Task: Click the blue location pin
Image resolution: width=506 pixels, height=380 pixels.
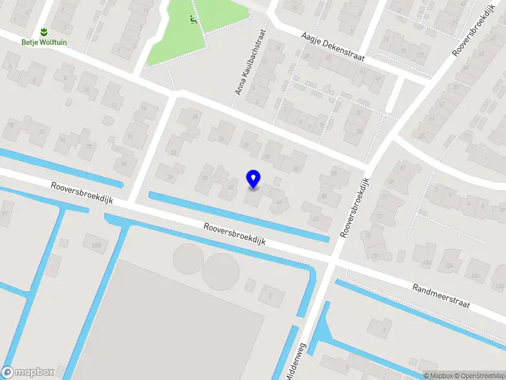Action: (253, 179)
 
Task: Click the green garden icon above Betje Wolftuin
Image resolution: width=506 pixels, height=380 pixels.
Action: (44, 31)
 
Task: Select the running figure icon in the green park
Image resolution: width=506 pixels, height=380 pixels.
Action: (192, 19)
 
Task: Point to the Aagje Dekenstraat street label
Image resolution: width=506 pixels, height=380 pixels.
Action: (333, 47)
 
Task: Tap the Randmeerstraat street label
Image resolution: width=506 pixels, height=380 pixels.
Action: (441, 296)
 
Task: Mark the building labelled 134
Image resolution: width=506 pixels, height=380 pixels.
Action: (450, 264)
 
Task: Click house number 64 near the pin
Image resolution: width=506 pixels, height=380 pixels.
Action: (278, 202)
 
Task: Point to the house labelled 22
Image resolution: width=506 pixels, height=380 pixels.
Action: (173, 152)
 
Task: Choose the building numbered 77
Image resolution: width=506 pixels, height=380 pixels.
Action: (375, 256)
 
